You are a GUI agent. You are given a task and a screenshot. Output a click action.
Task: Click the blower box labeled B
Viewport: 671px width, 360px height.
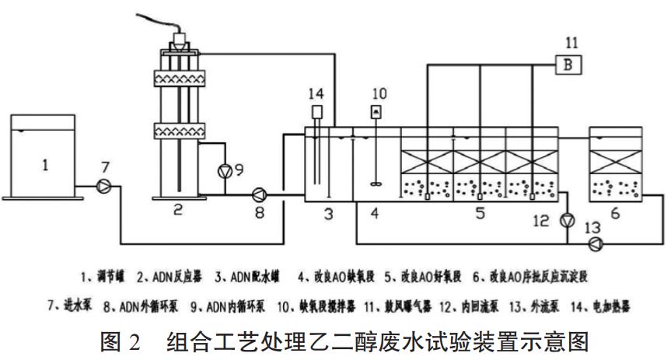tap(568, 66)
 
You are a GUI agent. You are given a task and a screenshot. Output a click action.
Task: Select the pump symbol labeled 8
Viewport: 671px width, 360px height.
tap(258, 195)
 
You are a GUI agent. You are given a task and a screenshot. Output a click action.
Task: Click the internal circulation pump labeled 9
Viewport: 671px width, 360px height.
tap(225, 171)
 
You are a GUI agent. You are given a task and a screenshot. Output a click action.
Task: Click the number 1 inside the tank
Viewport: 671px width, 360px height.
tap(45, 165)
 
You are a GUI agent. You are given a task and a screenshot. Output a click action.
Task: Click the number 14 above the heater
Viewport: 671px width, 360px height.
tap(316, 94)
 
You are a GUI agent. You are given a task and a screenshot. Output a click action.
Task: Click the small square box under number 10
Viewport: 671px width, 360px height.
tap(376, 114)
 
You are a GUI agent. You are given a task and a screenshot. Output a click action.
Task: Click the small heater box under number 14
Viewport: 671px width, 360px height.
tap(317, 112)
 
